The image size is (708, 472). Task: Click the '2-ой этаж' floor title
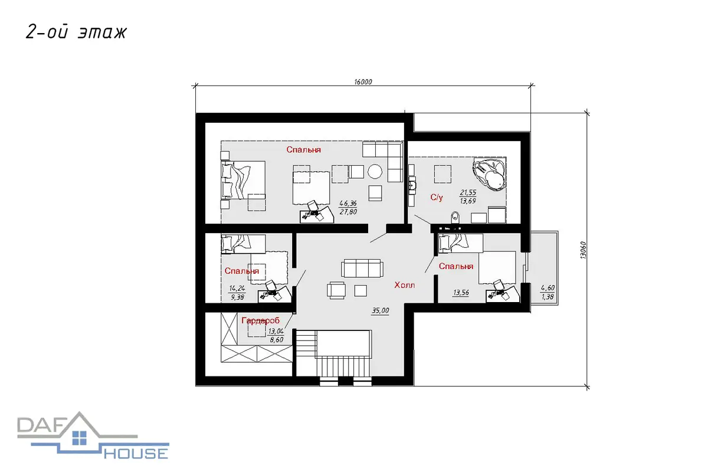[76, 32]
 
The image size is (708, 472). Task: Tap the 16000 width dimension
[363, 82]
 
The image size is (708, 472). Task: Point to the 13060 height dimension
[583, 250]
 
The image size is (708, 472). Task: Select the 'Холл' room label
[405, 285]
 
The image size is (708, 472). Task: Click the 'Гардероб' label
[260, 320]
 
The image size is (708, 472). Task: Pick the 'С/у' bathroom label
[437, 197]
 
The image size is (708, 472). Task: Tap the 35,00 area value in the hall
[380, 310]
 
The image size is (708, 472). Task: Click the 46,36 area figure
[348, 204]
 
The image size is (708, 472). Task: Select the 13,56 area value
[461, 293]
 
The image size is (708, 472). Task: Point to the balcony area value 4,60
[548, 288]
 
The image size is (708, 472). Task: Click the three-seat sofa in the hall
[362, 268]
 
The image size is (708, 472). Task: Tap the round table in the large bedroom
[375, 171]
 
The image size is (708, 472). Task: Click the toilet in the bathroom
[455, 217]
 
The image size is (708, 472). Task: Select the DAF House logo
[93, 435]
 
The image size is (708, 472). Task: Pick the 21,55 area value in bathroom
[468, 192]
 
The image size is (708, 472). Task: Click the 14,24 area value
[237, 289]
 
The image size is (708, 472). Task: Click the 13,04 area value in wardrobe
[276, 332]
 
